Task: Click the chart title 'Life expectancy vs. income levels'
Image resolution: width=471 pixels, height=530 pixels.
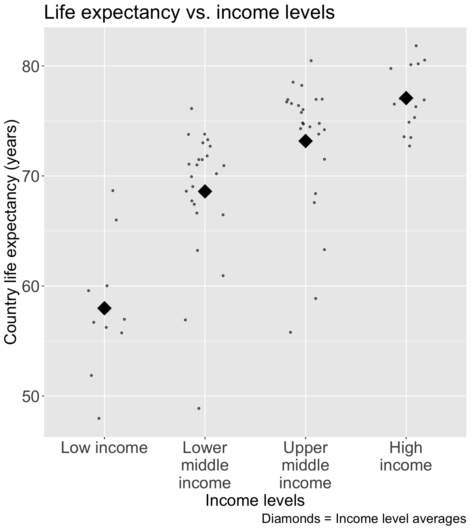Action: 189,13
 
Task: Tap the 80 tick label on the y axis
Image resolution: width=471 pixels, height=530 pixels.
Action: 29,67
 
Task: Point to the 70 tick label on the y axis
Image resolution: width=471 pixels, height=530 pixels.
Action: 29,176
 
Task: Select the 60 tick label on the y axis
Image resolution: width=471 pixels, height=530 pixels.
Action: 29,286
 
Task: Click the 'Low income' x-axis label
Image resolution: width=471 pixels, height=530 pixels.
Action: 104,448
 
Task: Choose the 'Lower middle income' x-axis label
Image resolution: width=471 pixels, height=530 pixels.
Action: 205,466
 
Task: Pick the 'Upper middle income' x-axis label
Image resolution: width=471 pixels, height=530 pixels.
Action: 305,466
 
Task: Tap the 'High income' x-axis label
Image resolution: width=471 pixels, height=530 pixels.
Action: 406,457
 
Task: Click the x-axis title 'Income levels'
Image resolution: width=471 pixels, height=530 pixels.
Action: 255,501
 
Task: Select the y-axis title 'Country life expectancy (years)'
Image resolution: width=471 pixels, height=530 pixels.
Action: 12,232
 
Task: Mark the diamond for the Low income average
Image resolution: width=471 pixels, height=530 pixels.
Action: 104,308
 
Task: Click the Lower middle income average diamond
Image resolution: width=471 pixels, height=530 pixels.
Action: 205,191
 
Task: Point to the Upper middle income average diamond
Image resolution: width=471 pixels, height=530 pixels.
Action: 305,141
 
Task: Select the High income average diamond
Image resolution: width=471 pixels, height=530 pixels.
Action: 406,98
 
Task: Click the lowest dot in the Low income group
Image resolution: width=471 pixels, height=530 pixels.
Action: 99,418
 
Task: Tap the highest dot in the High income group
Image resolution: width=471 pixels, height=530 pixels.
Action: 416,46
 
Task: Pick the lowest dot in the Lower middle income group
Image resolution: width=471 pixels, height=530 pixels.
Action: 199,408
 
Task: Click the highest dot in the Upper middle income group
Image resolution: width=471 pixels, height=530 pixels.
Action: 311,61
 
